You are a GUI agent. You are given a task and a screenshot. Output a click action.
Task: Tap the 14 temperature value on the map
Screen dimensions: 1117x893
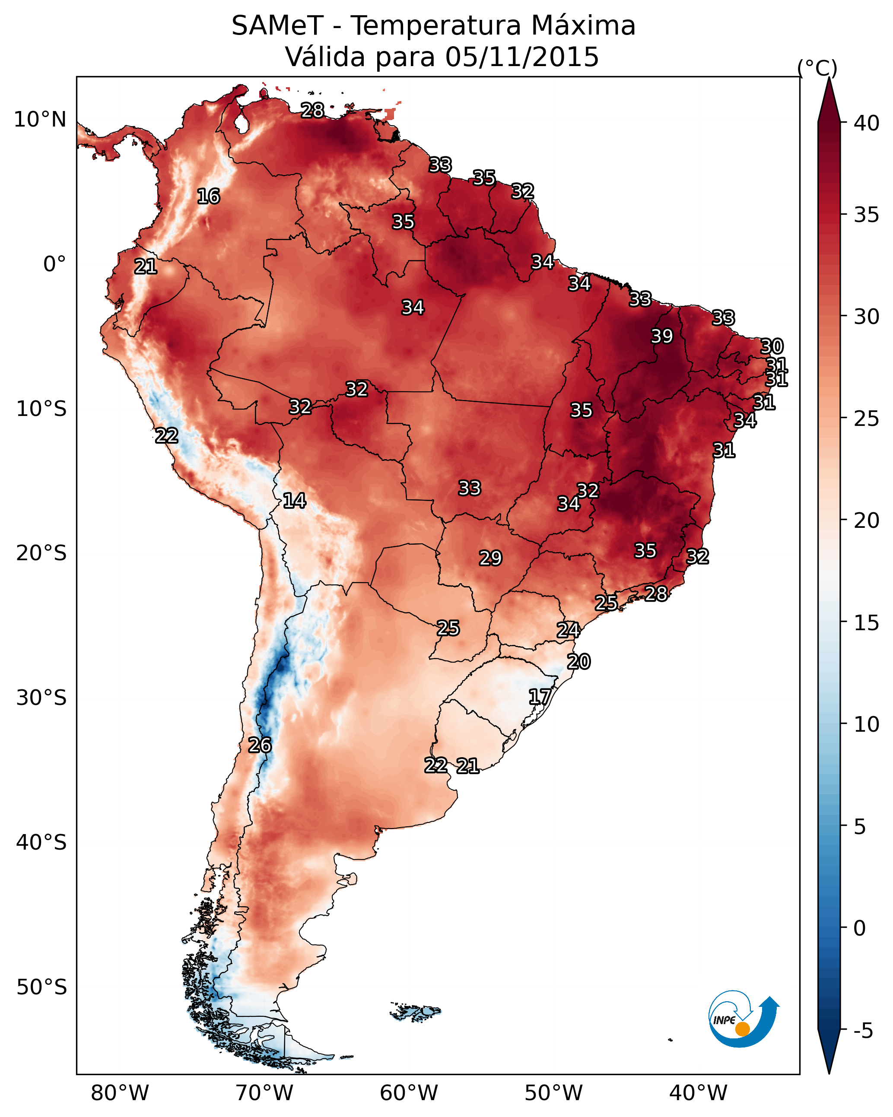point(294,501)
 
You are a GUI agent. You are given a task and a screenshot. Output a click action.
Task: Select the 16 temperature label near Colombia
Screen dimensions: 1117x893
point(208,197)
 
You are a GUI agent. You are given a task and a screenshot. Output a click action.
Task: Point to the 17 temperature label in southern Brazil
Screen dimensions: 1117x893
point(540,696)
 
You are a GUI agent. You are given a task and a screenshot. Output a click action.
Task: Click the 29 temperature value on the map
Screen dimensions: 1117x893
point(490,558)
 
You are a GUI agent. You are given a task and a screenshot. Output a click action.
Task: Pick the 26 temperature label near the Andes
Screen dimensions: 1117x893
point(260,745)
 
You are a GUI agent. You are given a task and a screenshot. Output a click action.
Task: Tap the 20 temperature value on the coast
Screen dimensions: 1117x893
point(578,662)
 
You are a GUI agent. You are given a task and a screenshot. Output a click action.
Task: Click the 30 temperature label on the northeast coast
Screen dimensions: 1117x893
point(772,346)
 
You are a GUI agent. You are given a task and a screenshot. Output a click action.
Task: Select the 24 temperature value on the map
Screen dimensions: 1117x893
point(568,630)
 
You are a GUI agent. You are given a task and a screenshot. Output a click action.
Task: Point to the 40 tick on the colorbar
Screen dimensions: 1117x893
point(867,123)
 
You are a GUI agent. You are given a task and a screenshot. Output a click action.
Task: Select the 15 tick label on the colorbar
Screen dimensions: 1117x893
point(867,623)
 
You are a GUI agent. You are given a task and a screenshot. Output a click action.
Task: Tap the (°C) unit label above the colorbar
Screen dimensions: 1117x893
point(817,68)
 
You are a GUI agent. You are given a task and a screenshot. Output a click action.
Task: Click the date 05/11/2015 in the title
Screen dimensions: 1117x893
point(522,57)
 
